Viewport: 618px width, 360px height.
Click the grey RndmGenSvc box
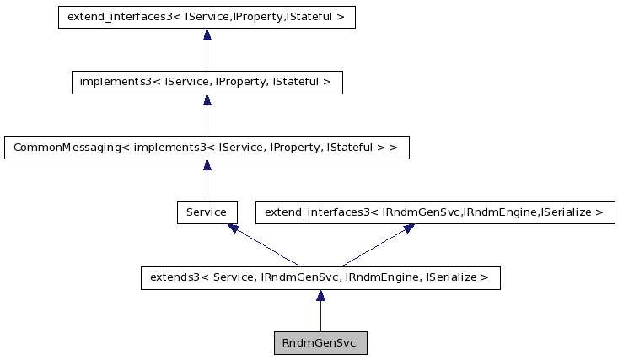(320, 343)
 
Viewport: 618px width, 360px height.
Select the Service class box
(207, 212)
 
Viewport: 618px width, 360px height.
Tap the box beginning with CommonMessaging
(207, 148)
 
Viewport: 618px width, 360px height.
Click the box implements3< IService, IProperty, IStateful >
(207, 83)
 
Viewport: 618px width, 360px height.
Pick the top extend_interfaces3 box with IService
(207, 18)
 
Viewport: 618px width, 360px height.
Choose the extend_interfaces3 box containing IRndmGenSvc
(434, 212)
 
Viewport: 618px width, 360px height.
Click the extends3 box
(320, 277)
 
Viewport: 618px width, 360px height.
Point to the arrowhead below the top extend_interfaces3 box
(207, 35)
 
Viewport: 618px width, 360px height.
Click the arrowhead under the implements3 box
(207, 100)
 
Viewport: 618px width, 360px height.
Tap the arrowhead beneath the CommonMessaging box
(207, 165)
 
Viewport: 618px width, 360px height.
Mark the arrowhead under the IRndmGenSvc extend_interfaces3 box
(408, 228)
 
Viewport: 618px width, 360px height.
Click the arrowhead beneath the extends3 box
(320, 296)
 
